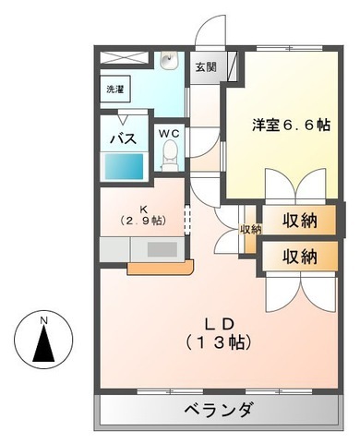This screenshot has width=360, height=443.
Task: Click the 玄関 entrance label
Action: click(x=206, y=67)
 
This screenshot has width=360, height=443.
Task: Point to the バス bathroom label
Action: click(x=124, y=138)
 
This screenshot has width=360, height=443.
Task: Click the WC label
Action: click(x=170, y=134)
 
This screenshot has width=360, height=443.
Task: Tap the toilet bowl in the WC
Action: click(x=169, y=160)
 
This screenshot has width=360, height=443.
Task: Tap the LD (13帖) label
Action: click(x=222, y=332)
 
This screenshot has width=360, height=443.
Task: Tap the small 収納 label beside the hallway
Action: click(x=249, y=230)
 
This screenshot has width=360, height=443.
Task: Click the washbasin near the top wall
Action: click(x=168, y=63)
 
